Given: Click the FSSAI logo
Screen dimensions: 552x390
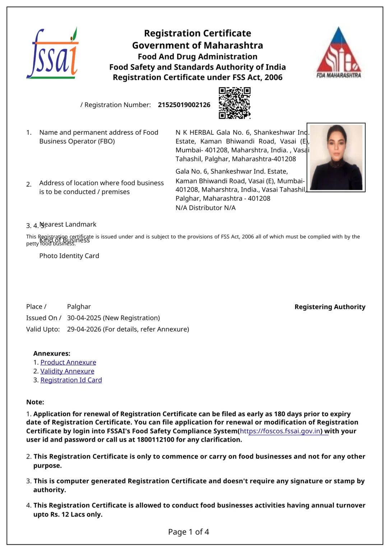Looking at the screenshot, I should coord(52,54).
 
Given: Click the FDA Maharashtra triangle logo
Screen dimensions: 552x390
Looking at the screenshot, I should coord(339,52).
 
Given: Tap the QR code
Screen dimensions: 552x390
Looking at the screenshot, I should coord(235,103).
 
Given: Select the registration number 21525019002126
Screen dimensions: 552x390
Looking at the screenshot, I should coord(184,105).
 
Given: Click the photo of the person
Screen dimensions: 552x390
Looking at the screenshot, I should coord(336,157).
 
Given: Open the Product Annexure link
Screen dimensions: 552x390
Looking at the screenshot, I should coord(68,362).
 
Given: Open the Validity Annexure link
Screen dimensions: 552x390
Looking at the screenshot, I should coord(67,371).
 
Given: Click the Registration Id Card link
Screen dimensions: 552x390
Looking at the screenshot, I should coord(71,380).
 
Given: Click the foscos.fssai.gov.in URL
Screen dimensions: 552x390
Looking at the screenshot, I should coord(280,431).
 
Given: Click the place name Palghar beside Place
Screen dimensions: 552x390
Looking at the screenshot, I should coord(79,307).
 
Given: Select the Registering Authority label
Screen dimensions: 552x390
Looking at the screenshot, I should coord(330,307).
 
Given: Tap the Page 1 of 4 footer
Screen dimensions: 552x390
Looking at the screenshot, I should coord(189,532).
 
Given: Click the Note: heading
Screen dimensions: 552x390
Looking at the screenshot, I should coord(35,402).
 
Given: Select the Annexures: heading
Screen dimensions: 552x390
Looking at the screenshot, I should coord(52,354).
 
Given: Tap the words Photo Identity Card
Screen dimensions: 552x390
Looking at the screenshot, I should coord(69,256).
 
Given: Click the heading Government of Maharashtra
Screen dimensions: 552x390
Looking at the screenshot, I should coord(198,46).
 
